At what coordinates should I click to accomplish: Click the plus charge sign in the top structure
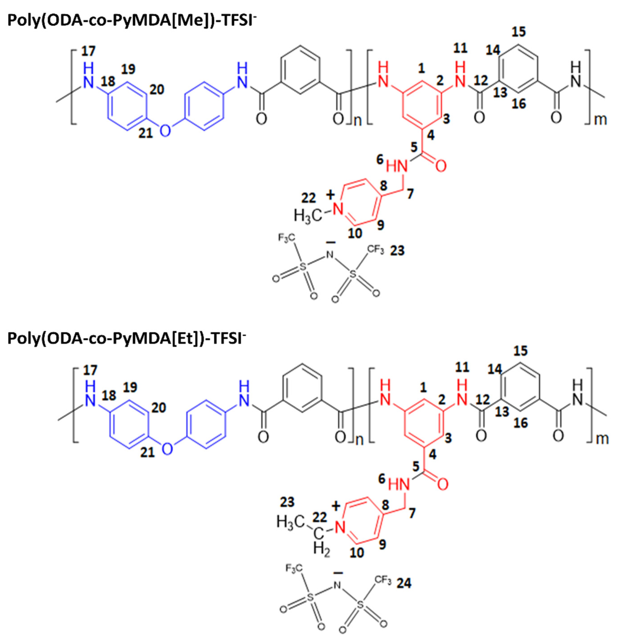331,195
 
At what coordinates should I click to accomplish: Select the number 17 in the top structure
88,51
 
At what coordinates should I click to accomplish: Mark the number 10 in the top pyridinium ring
355,233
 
